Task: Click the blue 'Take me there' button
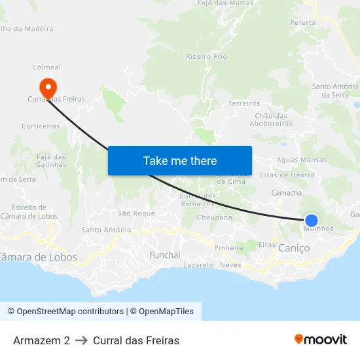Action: click(180, 160)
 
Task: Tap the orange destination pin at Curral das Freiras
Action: click(48, 87)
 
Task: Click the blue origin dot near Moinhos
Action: click(312, 221)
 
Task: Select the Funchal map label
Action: click(165, 255)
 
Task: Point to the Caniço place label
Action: click(294, 248)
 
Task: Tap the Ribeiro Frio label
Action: click(206, 57)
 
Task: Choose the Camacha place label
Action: click(287, 193)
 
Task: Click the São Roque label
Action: click(136, 213)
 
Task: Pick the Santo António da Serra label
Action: click(334, 90)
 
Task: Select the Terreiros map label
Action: click(243, 103)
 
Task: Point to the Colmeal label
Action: click(46, 67)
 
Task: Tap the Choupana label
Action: click(214, 217)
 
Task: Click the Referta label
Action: click(302, 22)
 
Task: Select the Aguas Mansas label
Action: click(302, 160)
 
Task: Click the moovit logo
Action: click(321, 340)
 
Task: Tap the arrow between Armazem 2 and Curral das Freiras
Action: click(81, 340)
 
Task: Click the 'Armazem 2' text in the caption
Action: click(41, 340)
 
